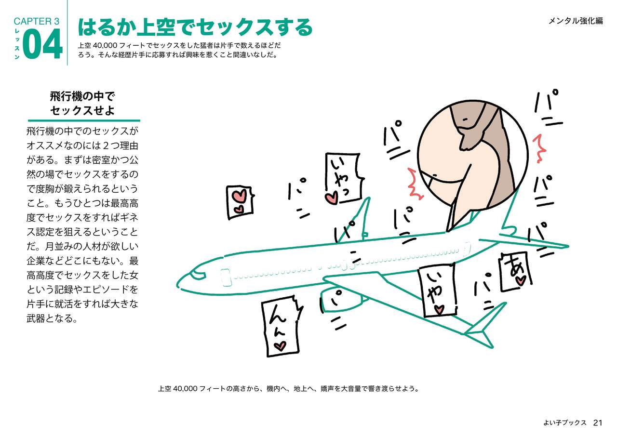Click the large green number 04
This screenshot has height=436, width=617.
(x=42, y=44)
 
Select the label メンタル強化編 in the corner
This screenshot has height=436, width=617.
(x=575, y=21)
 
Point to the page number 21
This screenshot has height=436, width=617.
(x=598, y=423)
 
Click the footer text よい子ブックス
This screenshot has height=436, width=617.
(x=564, y=423)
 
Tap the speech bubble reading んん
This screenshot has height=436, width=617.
(x=280, y=329)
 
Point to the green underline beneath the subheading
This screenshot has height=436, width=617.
(x=84, y=120)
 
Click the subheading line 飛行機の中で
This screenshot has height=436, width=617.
(x=82, y=96)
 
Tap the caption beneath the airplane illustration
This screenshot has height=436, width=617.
(x=288, y=388)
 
